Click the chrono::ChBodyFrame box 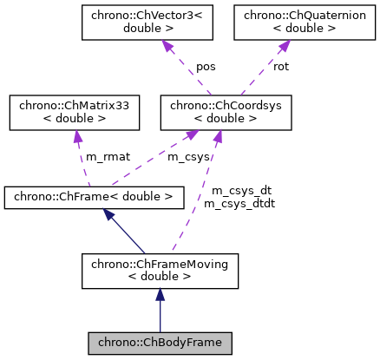click(160, 343)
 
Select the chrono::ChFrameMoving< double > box click(160, 271)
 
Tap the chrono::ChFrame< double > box click(94, 197)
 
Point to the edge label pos click(206, 66)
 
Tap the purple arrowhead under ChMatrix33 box click(77, 138)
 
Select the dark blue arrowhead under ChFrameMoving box click(160, 296)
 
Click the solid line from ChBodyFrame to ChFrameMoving click(160, 317)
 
